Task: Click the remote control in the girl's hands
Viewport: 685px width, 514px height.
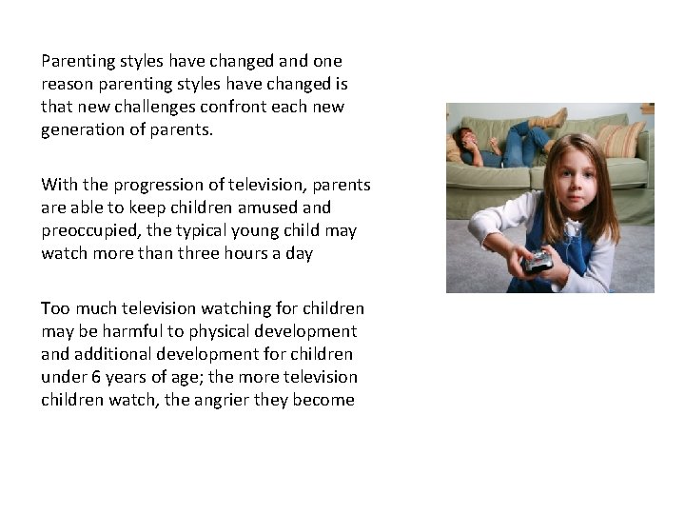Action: (538, 262)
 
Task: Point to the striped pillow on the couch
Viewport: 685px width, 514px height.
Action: (620, 139)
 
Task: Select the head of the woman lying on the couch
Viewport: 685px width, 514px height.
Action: (467, 140)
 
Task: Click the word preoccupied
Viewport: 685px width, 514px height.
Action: (90, 230)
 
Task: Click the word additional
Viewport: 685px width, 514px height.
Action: (111, 354)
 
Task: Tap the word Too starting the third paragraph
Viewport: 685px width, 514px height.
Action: (54, 308)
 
